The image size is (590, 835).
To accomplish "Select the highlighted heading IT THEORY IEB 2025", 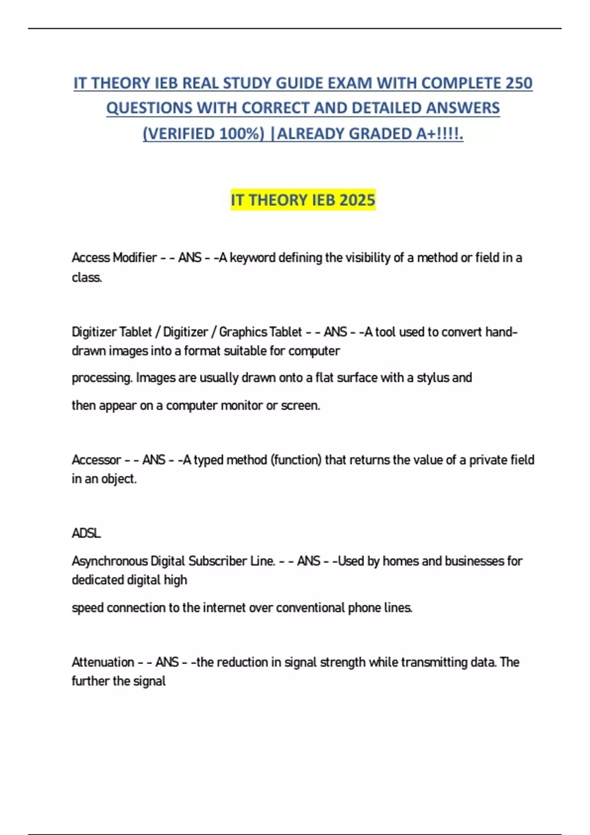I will click(303, 200).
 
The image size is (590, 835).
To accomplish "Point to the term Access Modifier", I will click(114, 258).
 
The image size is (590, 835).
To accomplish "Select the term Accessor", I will click(96, 460).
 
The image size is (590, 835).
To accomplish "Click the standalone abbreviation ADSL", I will click(86, 533).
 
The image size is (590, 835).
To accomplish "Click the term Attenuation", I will click(103, 662).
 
